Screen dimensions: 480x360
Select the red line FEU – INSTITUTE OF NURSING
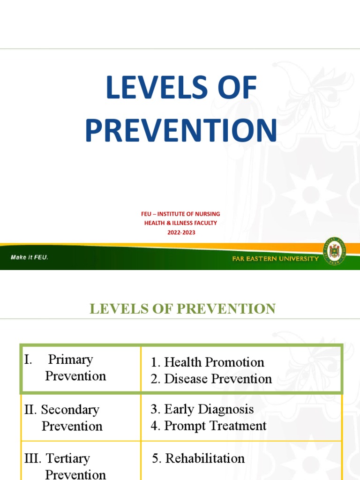point(180,214)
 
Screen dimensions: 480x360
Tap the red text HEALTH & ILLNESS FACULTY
point(180,223)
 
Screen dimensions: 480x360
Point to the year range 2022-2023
point(180,232)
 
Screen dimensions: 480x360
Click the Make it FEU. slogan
point(30,257)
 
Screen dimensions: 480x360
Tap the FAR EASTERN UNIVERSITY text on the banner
point(275,259)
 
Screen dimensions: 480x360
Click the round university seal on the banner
point(334,254)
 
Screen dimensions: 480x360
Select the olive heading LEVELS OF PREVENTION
point(182,309)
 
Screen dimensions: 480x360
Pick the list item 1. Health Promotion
point(207,362)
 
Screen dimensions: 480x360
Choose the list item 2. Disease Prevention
point(211,379)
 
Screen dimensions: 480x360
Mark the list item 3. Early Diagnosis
point(202,409)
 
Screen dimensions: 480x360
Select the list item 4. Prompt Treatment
point(208,426)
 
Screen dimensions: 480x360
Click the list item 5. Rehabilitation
point(198,458)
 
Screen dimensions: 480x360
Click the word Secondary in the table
point(70,410)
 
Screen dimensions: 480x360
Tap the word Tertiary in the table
point(68,458)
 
